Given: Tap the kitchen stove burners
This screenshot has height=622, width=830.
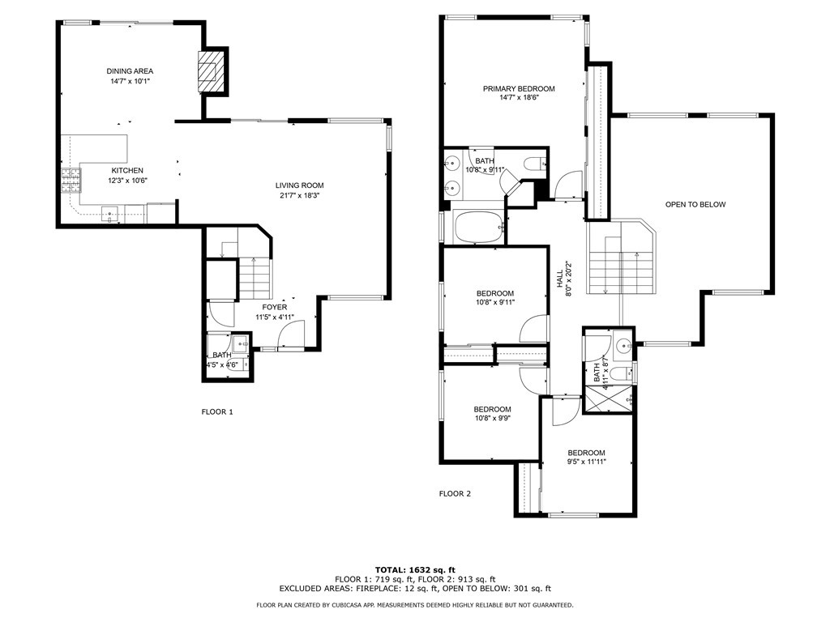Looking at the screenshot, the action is tap(71, 180).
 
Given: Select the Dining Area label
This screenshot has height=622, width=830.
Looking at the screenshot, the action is tap(130, 71).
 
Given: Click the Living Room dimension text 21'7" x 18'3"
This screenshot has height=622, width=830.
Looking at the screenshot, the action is tap(299, 195).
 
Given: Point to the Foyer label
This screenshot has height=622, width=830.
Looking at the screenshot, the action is tap(275, 307).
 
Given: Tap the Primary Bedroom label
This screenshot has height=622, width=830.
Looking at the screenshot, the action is tap(519, 88).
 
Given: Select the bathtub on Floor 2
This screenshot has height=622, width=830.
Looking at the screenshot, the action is tap(478, 228).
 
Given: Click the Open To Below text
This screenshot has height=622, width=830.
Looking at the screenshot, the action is tap(695, 204).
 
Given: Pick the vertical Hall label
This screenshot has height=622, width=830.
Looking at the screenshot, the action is tap(559, 279).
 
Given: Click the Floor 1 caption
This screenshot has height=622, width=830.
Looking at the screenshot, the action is tap(217, 411).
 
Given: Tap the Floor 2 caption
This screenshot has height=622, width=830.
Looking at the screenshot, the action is tap(455, 493).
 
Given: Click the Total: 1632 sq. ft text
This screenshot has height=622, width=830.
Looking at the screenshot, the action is tap(415, 569).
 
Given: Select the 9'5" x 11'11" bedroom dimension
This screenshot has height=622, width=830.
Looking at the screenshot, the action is tap(587, 462).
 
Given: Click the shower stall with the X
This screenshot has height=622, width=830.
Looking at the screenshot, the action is tap(609, 399).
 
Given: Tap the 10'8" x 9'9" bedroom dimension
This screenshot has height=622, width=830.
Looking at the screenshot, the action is tap(492, 419).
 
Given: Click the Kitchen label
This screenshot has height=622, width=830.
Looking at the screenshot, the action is tap(127, 170).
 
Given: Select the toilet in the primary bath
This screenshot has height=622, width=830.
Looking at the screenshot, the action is tap(534, 164).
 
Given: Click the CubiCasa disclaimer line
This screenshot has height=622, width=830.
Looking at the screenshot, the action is tap(415, 604).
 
